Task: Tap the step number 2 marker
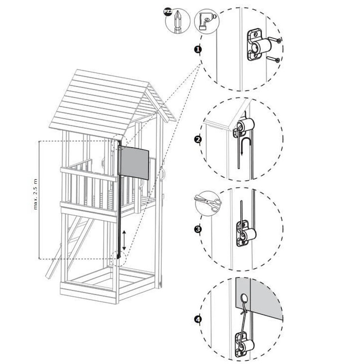[197, 139]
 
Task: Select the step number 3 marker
[197, 229]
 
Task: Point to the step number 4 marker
[197, 319]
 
